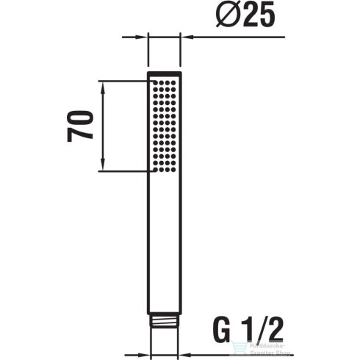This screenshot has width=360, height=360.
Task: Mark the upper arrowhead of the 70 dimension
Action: [x=104, y=84]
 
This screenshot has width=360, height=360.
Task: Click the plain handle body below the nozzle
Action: [x=165, y=242]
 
